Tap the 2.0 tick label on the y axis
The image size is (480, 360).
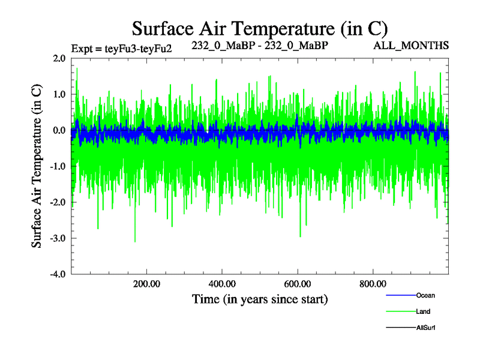point(59,58)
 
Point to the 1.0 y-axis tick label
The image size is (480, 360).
point(59,94)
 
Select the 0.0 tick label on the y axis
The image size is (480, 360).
point(59,130)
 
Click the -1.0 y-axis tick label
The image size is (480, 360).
point(58,166)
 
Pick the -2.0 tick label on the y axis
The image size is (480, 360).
point(58,202)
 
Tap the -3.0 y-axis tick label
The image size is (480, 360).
point(58,238)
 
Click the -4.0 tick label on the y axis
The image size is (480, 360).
point(58,274)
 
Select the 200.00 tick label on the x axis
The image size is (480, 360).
point(146,283)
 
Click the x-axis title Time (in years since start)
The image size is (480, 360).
point(260,299)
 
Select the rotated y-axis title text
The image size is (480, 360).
point(37,166)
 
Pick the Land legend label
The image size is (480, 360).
point(423,311)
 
